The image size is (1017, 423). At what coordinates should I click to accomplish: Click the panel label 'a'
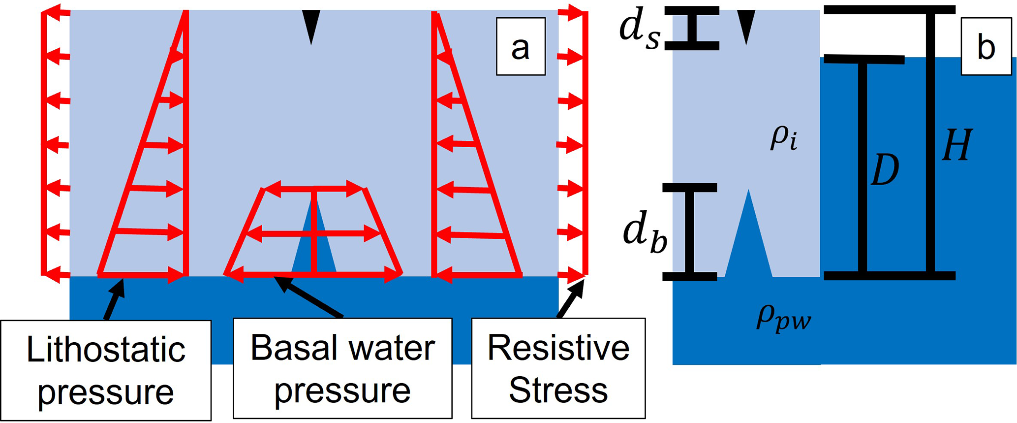tap(520, 47)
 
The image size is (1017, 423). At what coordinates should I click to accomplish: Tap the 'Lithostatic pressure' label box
tap(106, 370)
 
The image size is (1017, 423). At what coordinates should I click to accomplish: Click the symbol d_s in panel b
tap(639, 33)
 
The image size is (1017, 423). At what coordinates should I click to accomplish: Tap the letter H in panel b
tap(957, 145)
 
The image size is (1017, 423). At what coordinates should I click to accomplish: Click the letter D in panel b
tap(884, 169)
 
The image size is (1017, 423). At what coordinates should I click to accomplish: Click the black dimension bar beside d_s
tap(692, 28)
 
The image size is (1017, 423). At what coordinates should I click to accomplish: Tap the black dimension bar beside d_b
tap(689, 231)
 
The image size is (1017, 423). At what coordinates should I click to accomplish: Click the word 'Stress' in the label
tap(558, 391)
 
